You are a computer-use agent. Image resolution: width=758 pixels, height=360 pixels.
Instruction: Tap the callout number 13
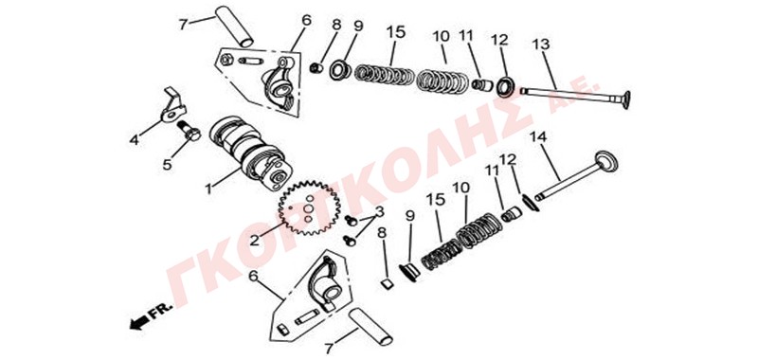coord(541,45)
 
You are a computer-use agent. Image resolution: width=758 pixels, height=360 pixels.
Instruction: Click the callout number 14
coord(537,136)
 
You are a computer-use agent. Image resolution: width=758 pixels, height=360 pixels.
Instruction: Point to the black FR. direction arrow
coord(138,322)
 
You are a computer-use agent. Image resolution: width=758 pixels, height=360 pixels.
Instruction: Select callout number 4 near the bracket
coord(134,140)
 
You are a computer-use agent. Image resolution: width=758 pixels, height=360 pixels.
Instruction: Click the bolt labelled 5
coord(189,131)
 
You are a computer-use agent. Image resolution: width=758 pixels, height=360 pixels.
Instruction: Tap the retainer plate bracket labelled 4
coord(172,107)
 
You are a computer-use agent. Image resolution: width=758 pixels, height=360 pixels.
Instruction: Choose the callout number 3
coord(380,211)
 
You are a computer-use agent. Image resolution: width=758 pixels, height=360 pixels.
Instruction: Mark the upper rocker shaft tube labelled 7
coord(234,27)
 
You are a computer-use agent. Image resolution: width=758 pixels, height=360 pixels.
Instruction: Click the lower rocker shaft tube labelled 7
coord(371,326)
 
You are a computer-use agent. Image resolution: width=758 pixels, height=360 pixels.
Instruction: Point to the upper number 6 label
coord(306,20)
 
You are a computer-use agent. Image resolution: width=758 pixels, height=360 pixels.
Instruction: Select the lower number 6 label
coord(252,276)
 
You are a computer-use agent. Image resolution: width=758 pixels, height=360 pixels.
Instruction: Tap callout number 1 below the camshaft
coord(208,189)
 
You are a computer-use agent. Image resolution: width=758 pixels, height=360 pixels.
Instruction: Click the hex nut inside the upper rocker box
coord(226,60)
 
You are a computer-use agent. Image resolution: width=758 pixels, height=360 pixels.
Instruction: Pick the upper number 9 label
coord(358,26)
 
